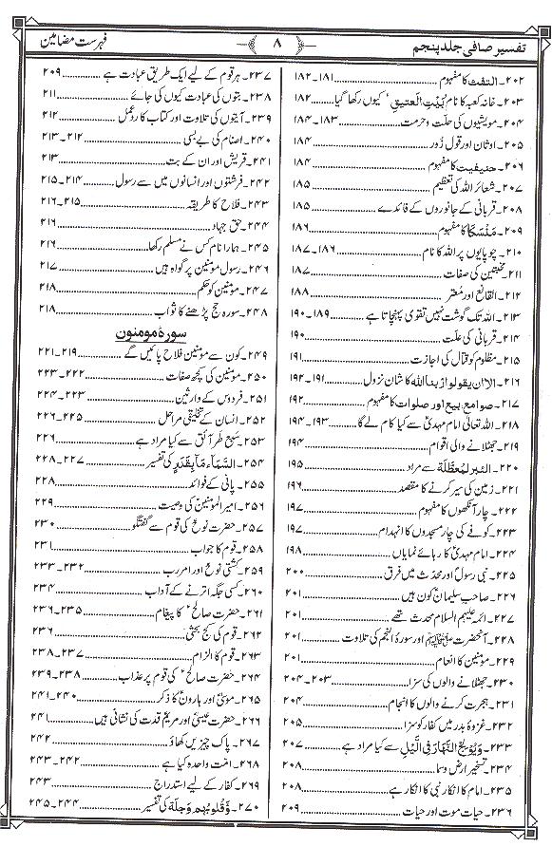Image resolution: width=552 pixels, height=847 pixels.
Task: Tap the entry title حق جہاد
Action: (x=218, y=228)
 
